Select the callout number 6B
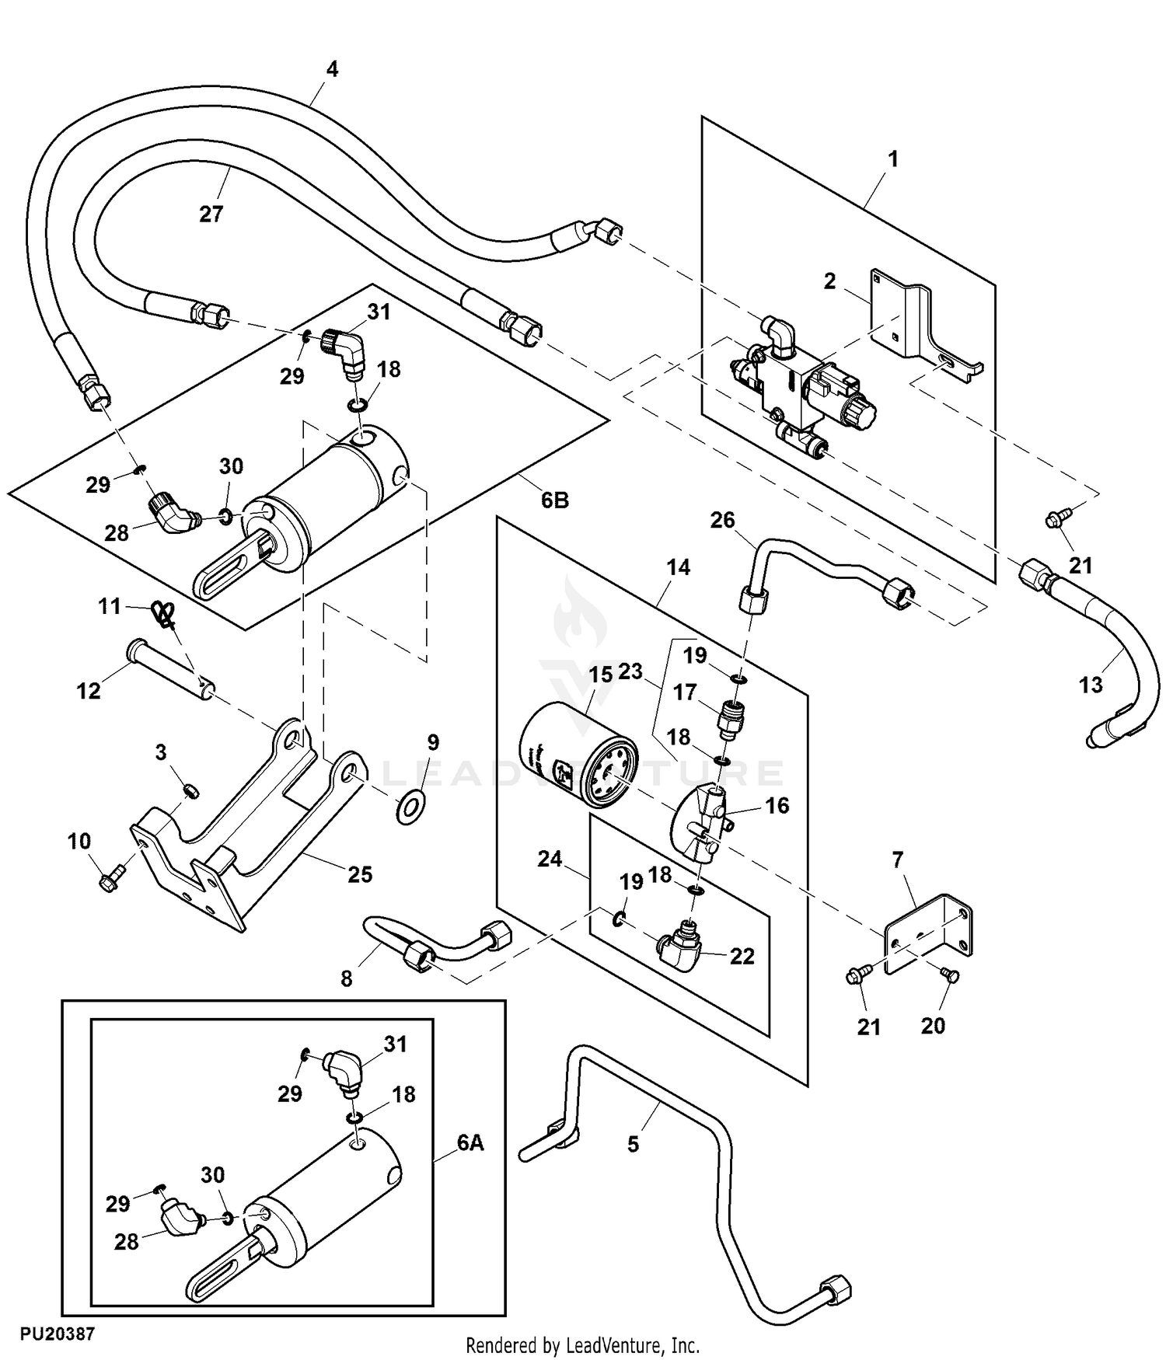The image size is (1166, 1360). click(554, 500)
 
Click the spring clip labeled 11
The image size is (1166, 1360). click(162, 614)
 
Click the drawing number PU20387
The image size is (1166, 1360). click(58, 1334)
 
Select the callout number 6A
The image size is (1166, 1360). click(470, 1142)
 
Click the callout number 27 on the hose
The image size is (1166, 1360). click(211, 214)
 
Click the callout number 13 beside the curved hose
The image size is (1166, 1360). click(1091, 685)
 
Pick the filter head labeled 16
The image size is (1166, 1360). click(698, 827)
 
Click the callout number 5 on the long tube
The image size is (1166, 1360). click(633, 1144)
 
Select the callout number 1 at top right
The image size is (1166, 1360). click(893, 159)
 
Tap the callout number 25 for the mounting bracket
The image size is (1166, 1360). click(360, 874)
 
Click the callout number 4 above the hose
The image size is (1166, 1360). click(332, 69)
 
